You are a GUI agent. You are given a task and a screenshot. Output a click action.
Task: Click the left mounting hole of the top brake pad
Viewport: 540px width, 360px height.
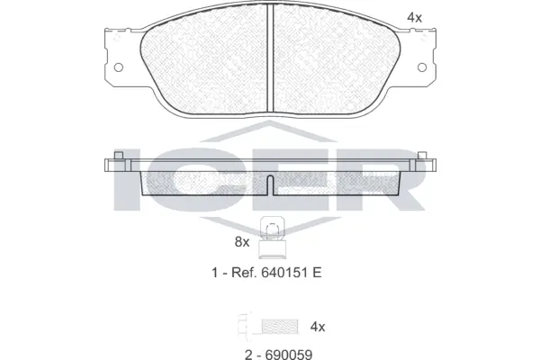pos(117,67)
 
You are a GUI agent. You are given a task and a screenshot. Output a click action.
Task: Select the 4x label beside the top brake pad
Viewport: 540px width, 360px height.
pos(414,17)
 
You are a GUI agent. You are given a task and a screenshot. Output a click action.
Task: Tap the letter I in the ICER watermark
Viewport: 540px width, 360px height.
pos(127,180)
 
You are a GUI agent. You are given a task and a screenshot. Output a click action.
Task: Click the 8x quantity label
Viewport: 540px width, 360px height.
pos(241,241)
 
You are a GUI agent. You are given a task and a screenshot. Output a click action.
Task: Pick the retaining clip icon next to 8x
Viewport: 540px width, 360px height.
pos(269,236)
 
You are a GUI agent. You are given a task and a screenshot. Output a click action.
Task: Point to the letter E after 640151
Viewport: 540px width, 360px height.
pos(317,272)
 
